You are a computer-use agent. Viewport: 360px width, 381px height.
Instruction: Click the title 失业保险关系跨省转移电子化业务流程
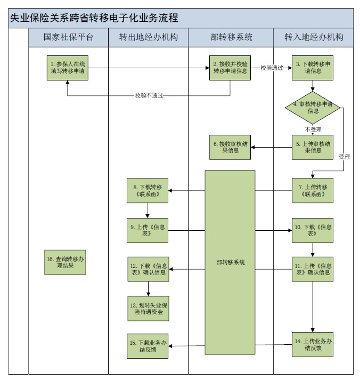tap(94, 18)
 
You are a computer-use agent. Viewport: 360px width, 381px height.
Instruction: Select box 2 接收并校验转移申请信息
tap(230, 68)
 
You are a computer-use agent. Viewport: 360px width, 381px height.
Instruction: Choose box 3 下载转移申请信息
tap(312, 68)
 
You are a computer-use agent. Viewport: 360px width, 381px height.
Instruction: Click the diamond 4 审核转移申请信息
tap(313, 108)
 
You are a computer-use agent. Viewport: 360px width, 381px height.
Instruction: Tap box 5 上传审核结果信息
tap(312, 147)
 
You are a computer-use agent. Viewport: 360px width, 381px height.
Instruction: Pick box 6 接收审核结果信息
tap(230, 147)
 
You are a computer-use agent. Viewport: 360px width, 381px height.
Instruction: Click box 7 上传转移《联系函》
tap(312, 191)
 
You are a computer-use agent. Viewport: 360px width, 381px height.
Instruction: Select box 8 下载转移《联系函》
tap(148, 191)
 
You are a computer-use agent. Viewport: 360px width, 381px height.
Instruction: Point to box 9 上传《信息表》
tap(148, 230)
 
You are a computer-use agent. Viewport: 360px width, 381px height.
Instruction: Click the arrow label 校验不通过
tap(149, 96)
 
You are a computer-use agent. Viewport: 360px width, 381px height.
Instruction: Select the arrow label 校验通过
tap(272, 68)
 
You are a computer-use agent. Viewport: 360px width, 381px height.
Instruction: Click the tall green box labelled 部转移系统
tap(231, 262)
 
